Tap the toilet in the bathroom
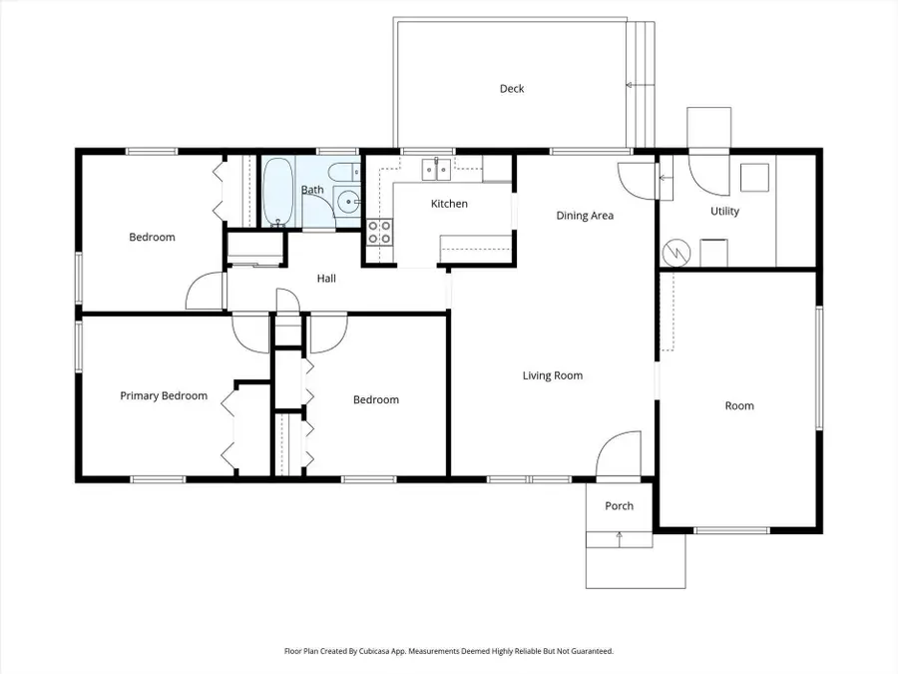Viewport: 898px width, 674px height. coord(342,171)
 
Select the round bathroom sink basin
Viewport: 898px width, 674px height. coord(349,202)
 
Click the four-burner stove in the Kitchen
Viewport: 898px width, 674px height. coord(379,233)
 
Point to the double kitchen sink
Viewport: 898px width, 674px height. coord(436,169)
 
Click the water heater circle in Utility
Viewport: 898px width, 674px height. coord(676,252)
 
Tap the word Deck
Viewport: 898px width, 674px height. coord(512,89)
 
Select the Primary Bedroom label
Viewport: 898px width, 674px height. coord(164,396)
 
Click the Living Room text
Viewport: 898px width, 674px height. coord(552,376)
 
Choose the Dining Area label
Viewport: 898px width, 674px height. coord(585,216)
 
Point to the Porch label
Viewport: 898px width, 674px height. coord(619,506)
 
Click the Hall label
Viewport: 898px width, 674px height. coord(326,279)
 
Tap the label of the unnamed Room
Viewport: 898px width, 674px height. coord(739,406)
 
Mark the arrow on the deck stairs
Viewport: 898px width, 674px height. coord(631,87)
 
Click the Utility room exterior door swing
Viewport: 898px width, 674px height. coord(709,176)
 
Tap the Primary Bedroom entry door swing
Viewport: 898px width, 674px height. coord(249,332)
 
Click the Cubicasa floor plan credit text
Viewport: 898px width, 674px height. coord(449,651)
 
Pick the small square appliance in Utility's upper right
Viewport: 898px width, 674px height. coord(754,178)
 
